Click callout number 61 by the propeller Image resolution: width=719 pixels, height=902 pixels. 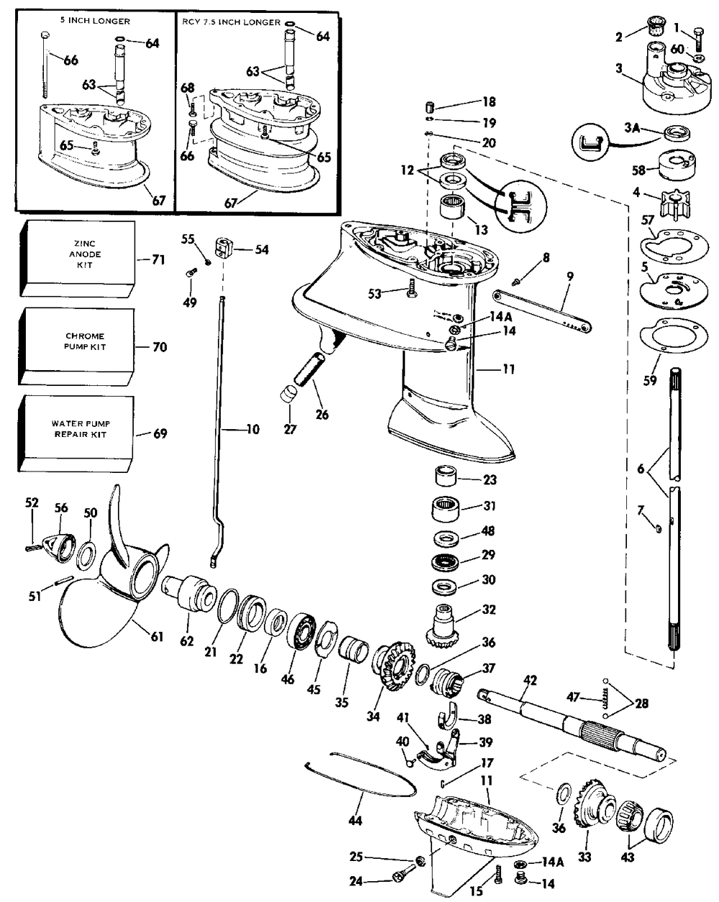(x=157, y=636)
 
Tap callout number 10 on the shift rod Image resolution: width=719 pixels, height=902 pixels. (x=252, y=431)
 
